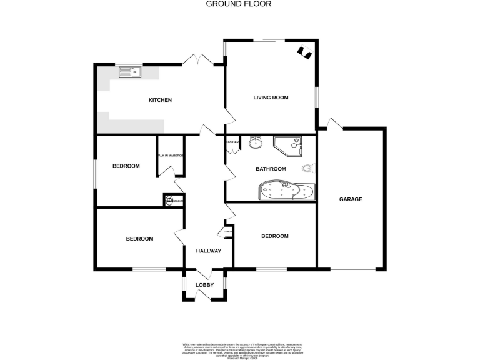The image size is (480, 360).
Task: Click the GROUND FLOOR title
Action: coord(239,4)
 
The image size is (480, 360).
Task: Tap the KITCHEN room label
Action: coord(159,100)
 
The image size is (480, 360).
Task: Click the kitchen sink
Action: coord(131,72)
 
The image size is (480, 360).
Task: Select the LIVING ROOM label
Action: coord(270,97)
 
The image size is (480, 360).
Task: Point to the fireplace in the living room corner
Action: coord(304,52)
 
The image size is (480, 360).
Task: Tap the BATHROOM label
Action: coord(271,169)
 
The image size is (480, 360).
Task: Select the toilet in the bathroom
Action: coord(309,168)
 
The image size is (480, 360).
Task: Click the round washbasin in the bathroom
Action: coord(256,143)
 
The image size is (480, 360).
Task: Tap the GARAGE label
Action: coord(351,199)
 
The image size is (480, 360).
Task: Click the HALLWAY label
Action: coord(208,251)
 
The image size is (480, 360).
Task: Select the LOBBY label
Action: coord(204,285)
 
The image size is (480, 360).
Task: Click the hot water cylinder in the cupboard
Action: coord(170,201)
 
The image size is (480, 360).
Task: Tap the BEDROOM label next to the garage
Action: coord(274,236)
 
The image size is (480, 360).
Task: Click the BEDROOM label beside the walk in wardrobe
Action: coord(126,166)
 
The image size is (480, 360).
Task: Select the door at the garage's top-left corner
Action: coord(332,124)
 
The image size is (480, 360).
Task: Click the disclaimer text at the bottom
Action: coord(239,349)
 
